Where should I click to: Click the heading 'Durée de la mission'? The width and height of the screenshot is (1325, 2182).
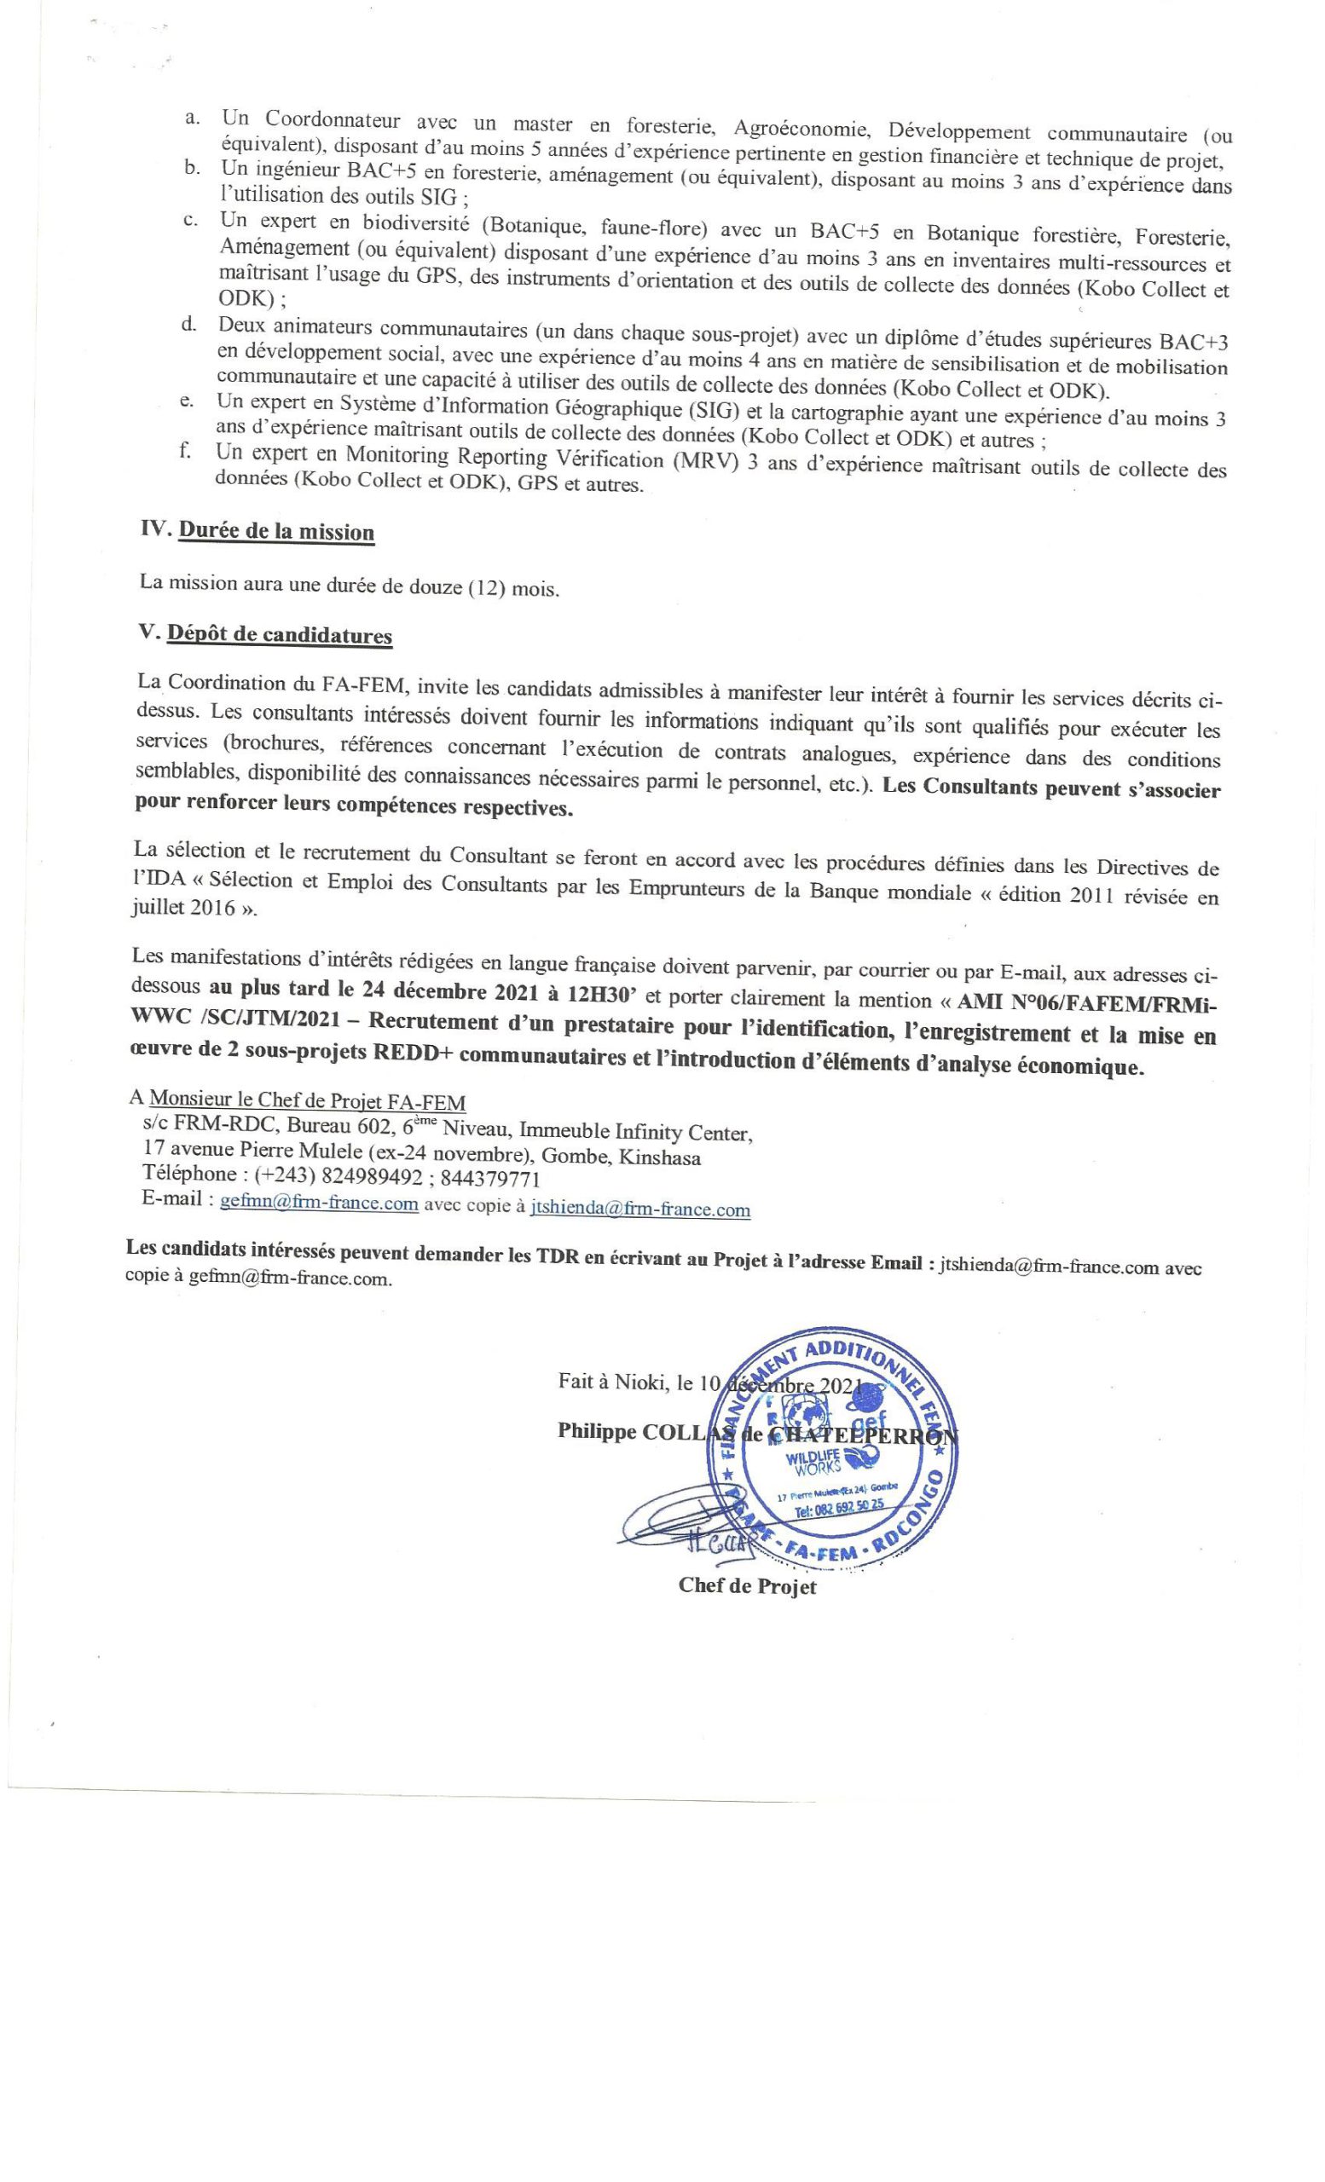click(276, 532)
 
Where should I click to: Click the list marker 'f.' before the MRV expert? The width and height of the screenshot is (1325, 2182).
click(185, 452)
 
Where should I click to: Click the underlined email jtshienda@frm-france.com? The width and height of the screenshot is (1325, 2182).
click(639, 1208)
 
